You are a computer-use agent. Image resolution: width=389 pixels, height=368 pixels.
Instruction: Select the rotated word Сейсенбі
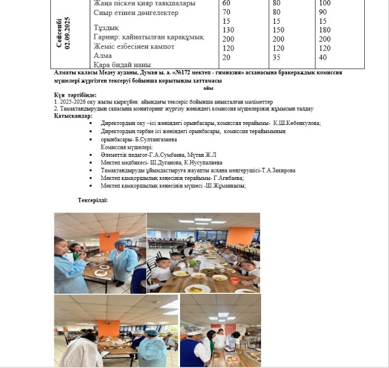(x=58, y=35)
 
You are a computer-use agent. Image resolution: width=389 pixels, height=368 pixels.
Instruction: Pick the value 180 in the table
(x=325, y=30)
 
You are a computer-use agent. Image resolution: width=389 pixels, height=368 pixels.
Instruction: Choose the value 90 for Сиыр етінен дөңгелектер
(x=323, y=12)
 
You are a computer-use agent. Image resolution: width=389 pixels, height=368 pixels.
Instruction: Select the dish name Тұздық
(x=106, y=27)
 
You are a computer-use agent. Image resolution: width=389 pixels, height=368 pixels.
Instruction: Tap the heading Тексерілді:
(x=93, y=200)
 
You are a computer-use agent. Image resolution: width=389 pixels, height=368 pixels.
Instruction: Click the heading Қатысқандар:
(x=73, y=115)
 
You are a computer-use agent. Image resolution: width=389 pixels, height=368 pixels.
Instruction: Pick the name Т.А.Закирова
(x=272, y=171)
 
